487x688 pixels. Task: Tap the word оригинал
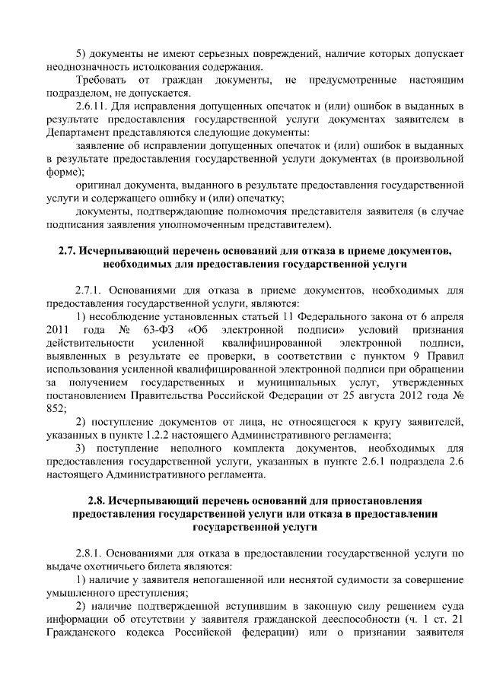tap(98, 185)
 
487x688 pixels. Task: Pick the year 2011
tap(58, 329)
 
